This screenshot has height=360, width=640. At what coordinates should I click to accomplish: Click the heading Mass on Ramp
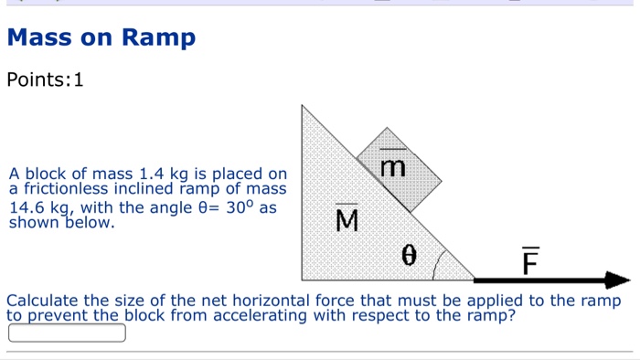coord(101,38)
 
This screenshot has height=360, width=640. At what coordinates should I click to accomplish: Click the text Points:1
coord(45,80)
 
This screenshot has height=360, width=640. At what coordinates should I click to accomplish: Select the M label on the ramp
coord(347,220)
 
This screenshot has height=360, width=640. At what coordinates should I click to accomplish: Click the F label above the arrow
coord(529,261)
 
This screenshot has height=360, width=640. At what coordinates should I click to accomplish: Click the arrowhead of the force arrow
coord(618,280)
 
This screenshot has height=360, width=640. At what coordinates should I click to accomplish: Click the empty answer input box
coord(67,333)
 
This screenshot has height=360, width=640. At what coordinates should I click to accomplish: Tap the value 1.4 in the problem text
coord(148,174)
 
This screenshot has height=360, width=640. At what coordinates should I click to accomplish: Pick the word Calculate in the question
coord(43,301)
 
